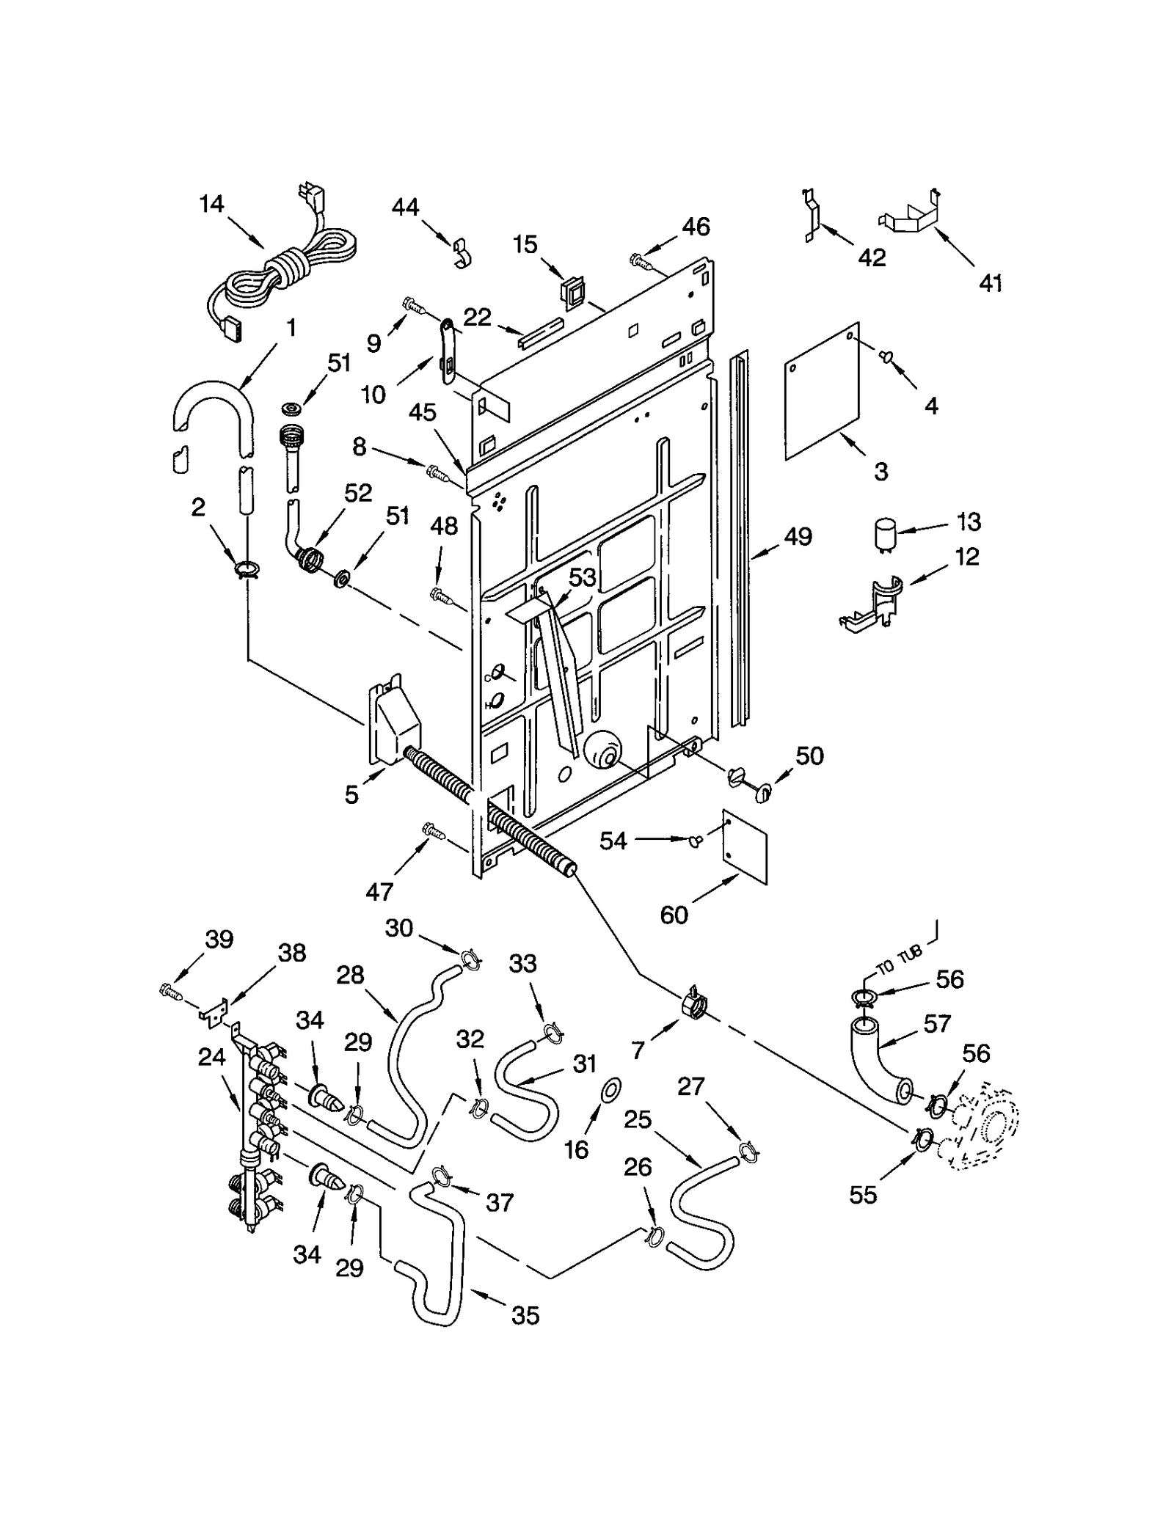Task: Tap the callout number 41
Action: point(991,282)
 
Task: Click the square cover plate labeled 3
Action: point(822,390)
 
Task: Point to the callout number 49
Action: point(798,537)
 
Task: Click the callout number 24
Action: point(211,1057)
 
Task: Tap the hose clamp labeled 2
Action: point(246,568)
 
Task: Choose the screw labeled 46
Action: point(639,259)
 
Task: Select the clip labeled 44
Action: point(462,251)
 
